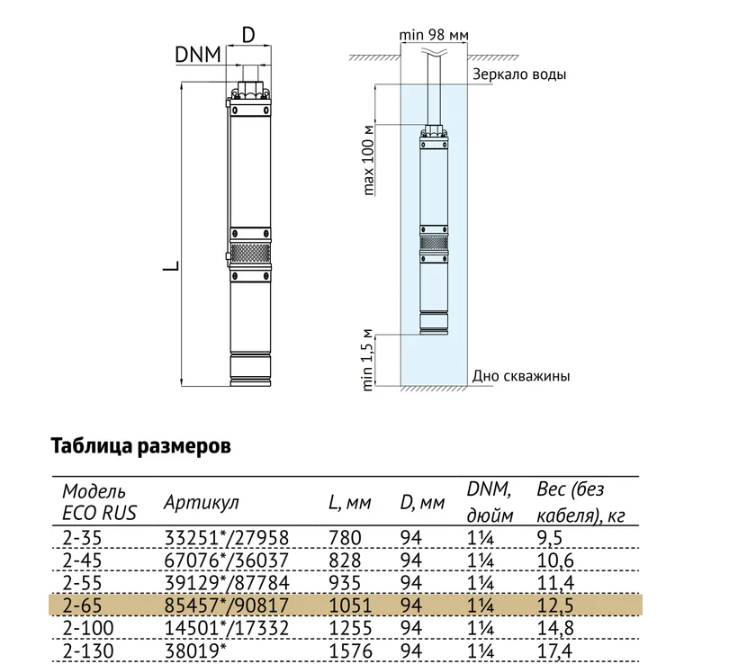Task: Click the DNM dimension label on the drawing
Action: point(198,55)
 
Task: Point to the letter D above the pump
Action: point(249,35)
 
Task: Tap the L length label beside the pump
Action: point(171,266)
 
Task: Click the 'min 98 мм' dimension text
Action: point(433,35)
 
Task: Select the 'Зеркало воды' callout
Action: point(519,74)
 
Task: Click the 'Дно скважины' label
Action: point(521,376)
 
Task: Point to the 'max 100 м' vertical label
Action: point(369,160)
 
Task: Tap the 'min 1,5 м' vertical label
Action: point(368,360)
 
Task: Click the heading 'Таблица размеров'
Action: point(141,446)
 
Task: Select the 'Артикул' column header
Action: point(201,503)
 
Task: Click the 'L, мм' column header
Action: point(350,503)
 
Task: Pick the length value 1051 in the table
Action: point(350,606)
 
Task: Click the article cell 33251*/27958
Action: point(227,538)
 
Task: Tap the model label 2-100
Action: point(88,628)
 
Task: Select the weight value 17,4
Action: point(555,651)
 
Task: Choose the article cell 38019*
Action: point(194,651)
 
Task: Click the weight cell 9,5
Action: point(550,538)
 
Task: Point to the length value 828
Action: point(345,560)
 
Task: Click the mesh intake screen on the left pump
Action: point(250,253)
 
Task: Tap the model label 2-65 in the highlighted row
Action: point(82,606)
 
